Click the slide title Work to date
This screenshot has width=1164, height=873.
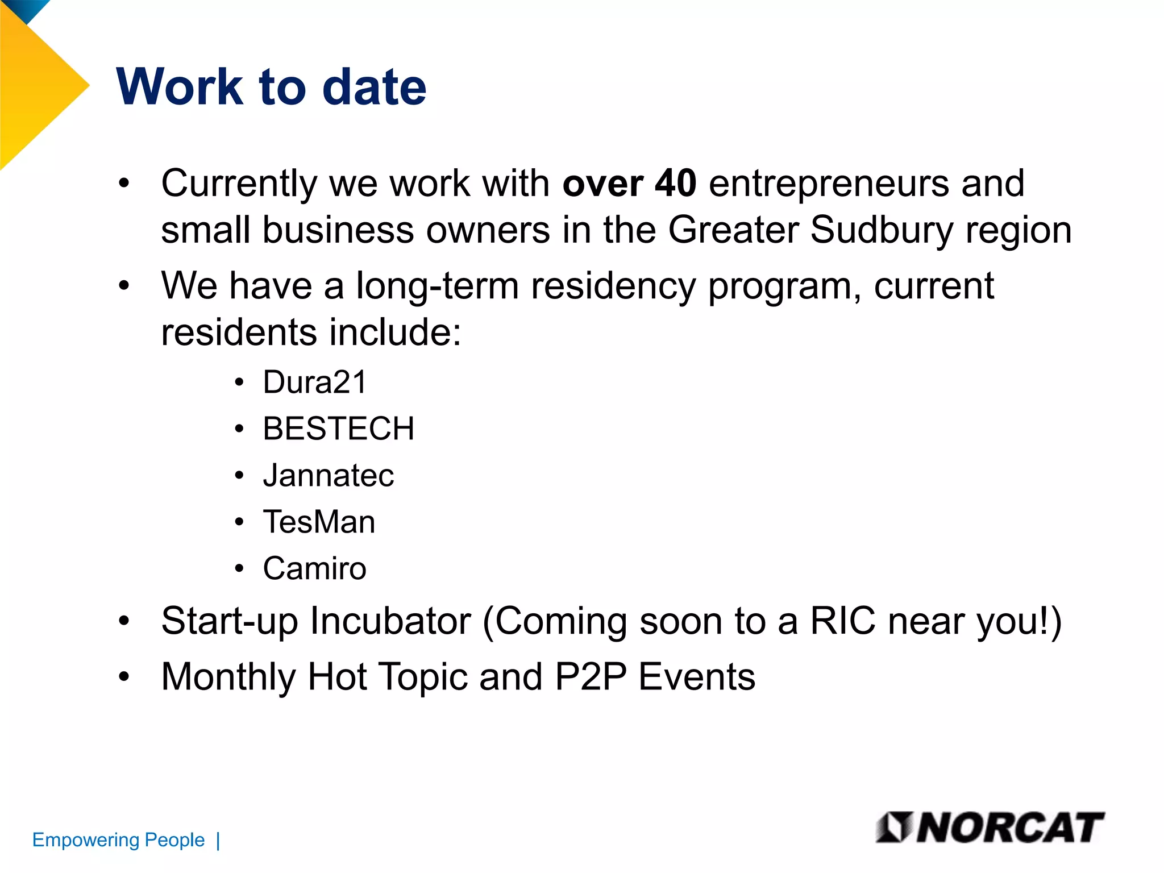coord(271,87)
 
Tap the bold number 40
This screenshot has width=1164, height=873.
coord(675,184)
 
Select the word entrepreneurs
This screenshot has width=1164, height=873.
coord(829,184)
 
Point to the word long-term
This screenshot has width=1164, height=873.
coord(437,285)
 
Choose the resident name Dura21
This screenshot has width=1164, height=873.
coord(314,382)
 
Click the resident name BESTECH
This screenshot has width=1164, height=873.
coord(338,429)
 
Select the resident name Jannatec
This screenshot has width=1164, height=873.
coord(328,475)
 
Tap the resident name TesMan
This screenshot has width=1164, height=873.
coord(319,522)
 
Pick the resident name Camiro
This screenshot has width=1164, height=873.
coord(314,568)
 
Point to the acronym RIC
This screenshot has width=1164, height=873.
coord(842,621)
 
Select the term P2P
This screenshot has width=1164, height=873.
coord(590,677)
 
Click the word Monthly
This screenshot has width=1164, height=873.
coord(228,677)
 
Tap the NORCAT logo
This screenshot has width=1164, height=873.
coord(990,828)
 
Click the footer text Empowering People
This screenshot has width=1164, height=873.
coord(118,840)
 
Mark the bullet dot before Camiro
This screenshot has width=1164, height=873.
coord(239,569)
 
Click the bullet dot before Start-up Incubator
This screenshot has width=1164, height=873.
coord(124,621)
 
